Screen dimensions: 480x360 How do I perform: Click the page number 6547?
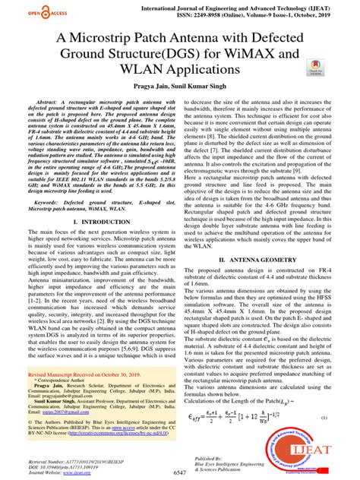pos(164,471)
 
